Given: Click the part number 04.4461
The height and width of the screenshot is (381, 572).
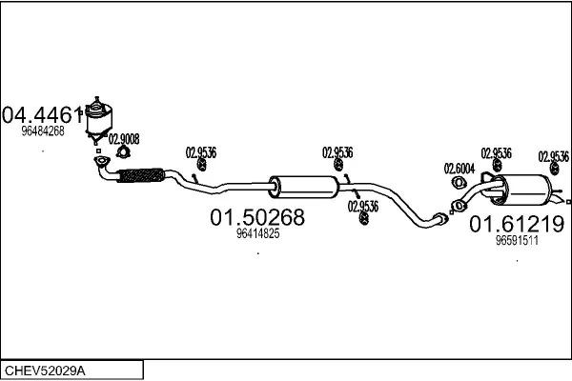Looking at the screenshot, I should [40, 115].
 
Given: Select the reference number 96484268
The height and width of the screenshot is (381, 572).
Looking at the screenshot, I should [43, 131].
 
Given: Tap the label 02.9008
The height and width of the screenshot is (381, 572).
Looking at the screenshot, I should [124, 138].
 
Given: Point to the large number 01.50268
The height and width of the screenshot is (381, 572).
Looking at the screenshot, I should [256, 218].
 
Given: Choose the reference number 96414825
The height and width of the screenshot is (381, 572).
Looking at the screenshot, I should [257, 233].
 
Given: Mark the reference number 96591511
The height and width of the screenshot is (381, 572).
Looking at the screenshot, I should [518, 241].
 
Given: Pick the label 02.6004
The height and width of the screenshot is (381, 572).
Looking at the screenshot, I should [459, 169].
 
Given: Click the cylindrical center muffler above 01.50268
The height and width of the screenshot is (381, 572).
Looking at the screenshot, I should [302, 187].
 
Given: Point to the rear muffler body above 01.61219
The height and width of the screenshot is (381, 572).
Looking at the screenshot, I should [522, 189].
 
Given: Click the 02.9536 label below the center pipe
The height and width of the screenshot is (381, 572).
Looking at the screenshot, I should [362, 205].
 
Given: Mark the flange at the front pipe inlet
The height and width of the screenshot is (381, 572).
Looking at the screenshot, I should [101, 169].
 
